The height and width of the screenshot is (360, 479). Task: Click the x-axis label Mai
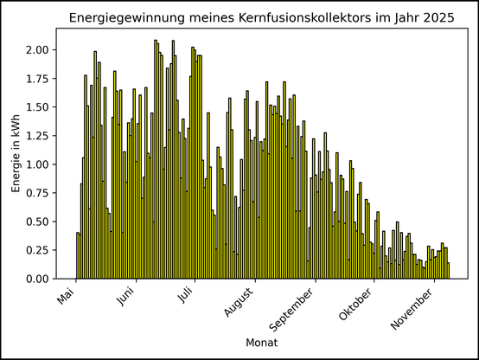click(67, 298)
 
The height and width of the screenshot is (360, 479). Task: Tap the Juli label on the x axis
click(187, 297)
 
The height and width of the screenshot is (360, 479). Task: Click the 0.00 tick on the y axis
click(38, 280)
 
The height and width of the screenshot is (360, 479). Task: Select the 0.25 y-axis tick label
click(38, 251)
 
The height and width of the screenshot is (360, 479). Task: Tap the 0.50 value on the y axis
click(38, 222)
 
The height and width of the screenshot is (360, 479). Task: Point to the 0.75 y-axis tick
click(38, 194)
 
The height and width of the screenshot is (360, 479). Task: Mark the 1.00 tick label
click(38, 164)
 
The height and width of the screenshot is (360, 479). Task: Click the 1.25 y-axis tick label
click(38, 136)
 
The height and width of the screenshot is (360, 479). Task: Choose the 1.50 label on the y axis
click(38, 107)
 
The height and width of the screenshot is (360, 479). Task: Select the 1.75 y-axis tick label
click(38, 79)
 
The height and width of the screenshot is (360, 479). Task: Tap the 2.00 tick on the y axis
click(38, 50)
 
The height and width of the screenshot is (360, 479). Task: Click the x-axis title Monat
click(262, 344)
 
